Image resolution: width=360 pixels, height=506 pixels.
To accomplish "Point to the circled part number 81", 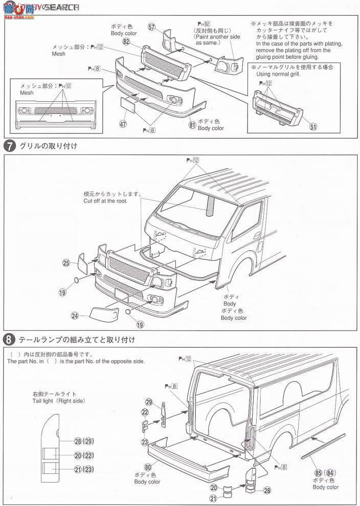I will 192,125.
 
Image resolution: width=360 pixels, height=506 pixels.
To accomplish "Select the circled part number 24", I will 75,316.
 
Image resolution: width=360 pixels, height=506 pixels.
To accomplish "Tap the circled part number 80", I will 148,466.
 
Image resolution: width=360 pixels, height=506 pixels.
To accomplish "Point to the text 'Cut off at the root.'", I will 105,201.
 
